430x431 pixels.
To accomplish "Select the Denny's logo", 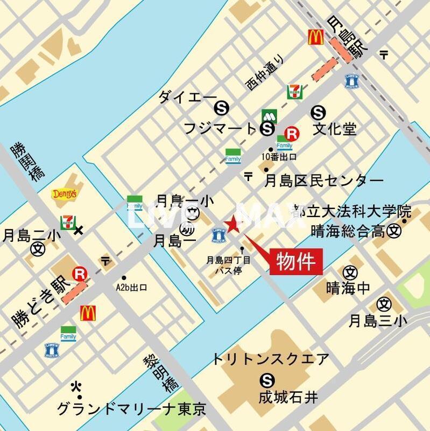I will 64,193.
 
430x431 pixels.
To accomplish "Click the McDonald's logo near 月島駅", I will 315,37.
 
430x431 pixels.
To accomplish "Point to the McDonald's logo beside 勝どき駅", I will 88,312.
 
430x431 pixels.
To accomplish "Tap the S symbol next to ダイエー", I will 220,108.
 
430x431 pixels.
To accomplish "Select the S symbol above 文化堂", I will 319,112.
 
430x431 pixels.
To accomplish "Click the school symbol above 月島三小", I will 384,304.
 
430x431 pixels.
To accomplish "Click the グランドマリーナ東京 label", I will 132,409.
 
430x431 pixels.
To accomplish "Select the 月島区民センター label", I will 324,180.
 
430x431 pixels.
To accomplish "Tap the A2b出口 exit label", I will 132,287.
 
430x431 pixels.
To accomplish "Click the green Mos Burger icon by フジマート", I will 269,116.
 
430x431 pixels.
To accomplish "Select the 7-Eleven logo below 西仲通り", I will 294,92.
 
